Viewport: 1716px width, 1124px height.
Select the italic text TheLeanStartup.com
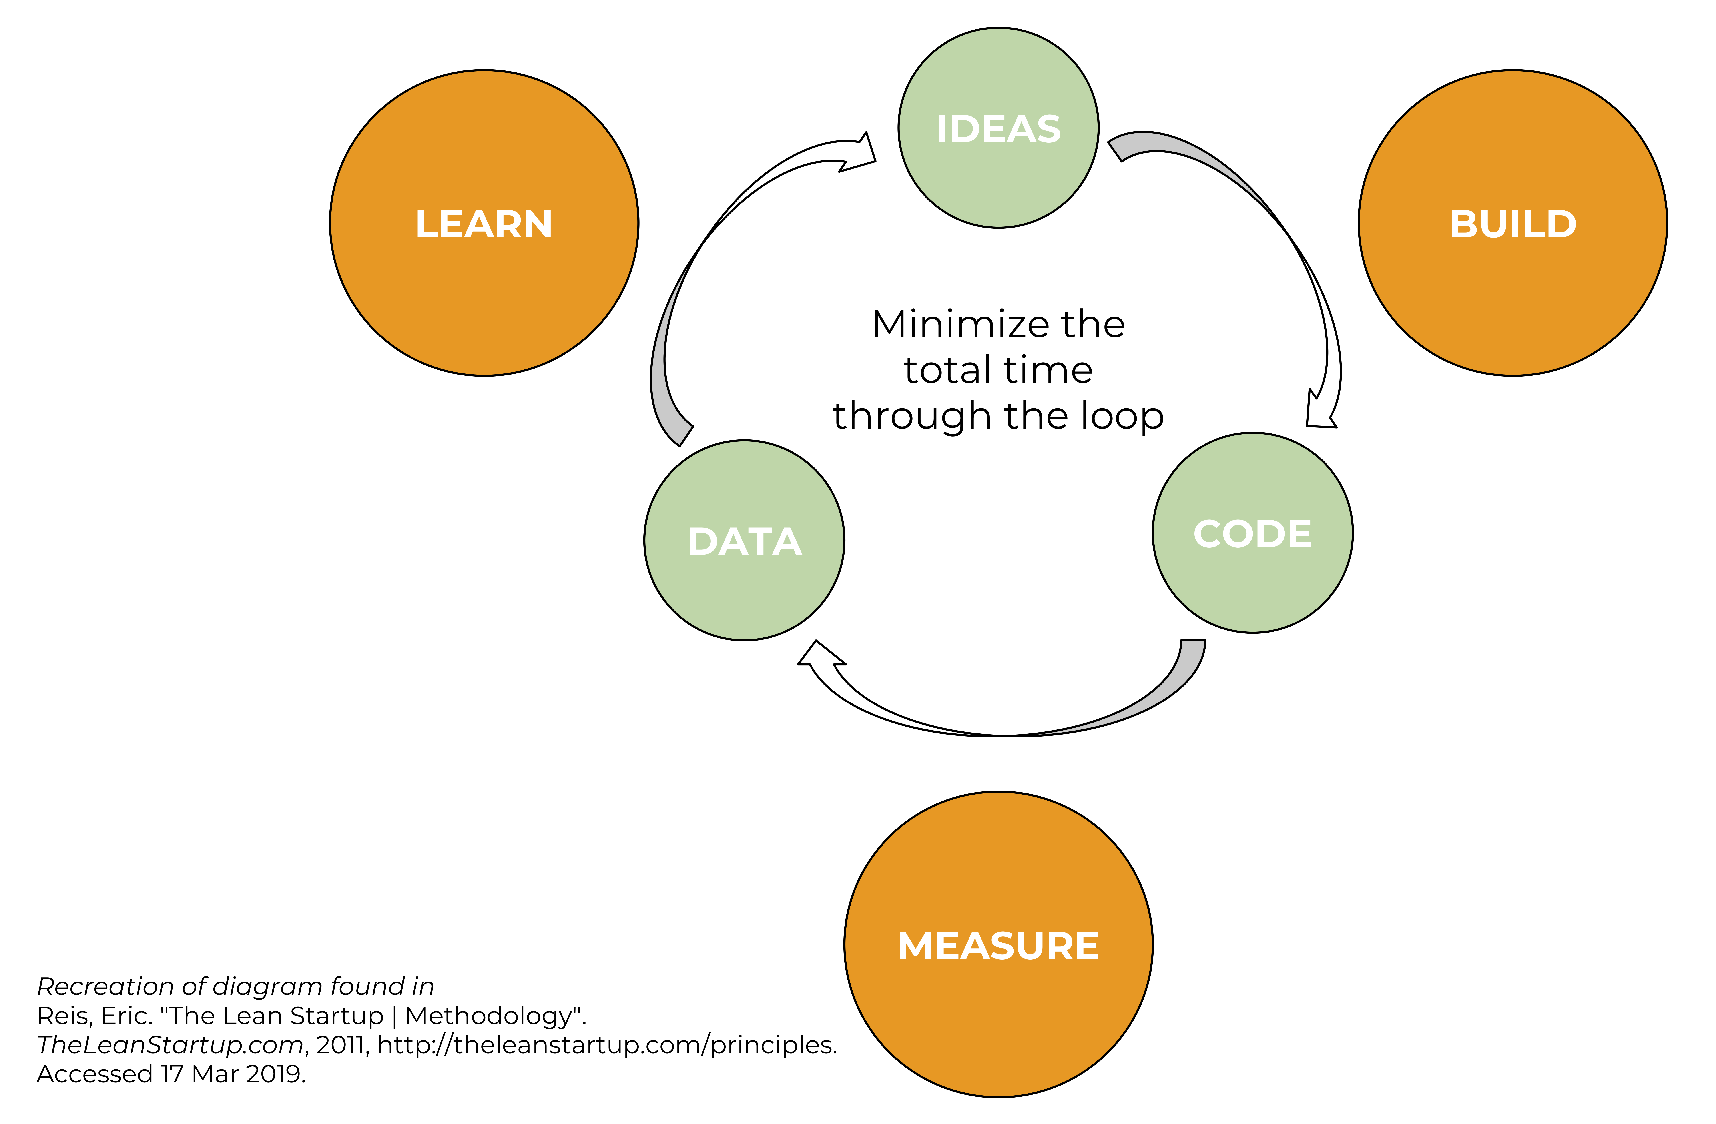coord(170,1045)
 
